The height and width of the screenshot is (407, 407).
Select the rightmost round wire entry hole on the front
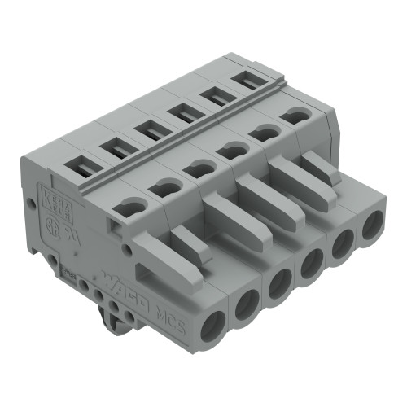[x=372, y=225]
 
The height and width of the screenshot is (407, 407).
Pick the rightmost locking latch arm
[x=318, y=168]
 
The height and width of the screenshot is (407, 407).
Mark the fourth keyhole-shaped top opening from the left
[x=234, y=148]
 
